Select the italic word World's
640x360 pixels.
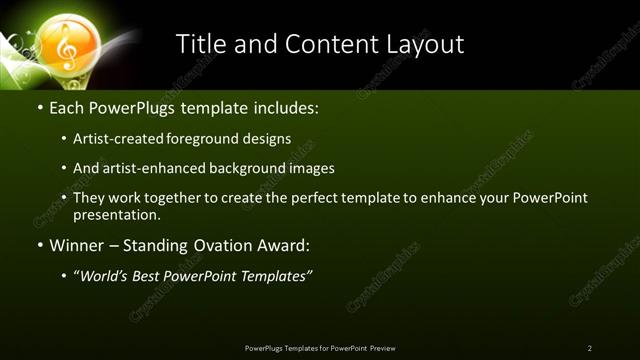point(104,276)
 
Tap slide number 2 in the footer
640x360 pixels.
point(590,348)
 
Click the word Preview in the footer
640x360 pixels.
point(382,348)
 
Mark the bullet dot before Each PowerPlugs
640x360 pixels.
point(39,106)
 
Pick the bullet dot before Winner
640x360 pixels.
point(39,245)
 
